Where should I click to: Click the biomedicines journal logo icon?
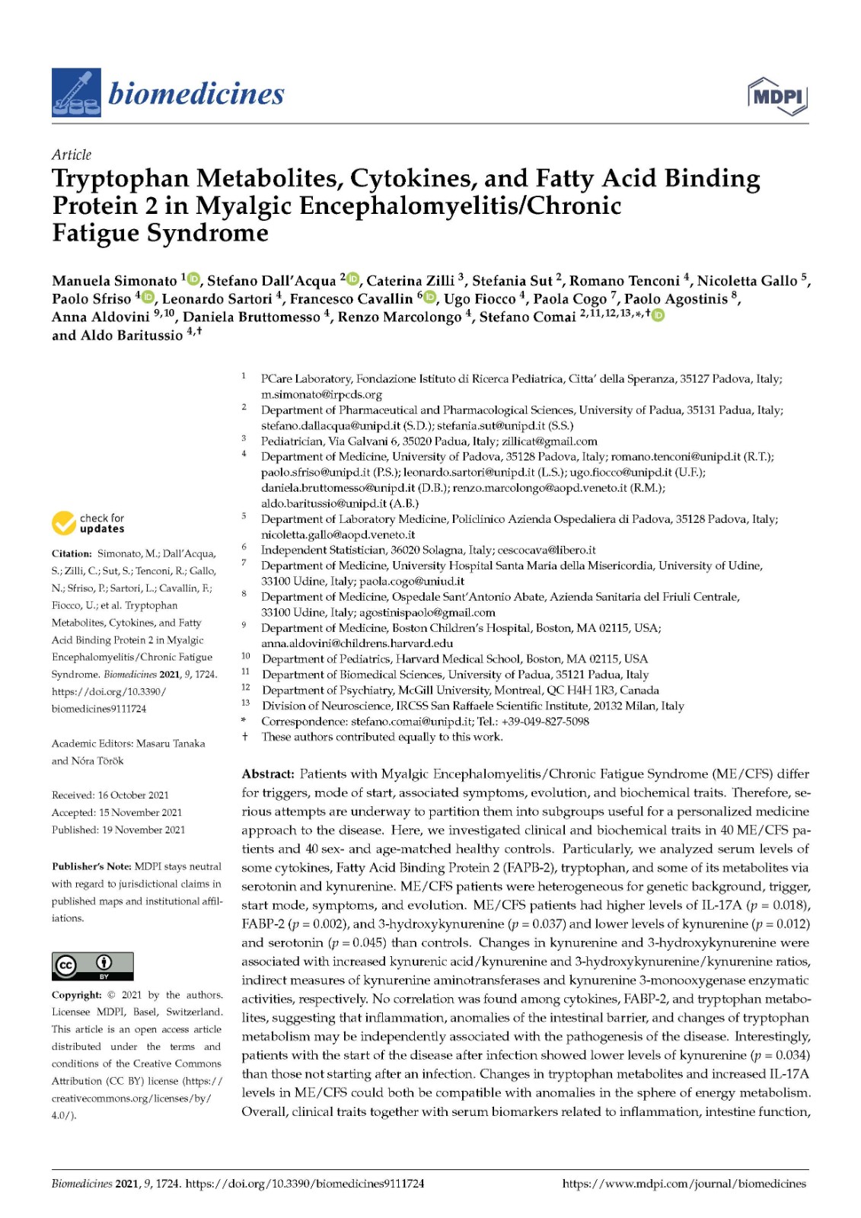[75, 93]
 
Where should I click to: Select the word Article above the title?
[72, 155]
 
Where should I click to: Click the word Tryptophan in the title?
[120, 179]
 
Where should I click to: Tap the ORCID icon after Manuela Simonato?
[193, 279]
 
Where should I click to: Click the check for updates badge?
[88, 523]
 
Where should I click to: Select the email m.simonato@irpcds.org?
[321, 394]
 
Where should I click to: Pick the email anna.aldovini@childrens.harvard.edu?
[357, 643]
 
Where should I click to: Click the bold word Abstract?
[268, 774]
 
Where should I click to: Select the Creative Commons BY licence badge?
[92, 965]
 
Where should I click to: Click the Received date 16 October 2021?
[133, 795]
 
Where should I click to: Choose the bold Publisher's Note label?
[91, 866]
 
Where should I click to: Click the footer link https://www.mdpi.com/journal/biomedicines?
[684, 1184]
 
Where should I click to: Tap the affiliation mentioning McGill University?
[461, 690]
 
